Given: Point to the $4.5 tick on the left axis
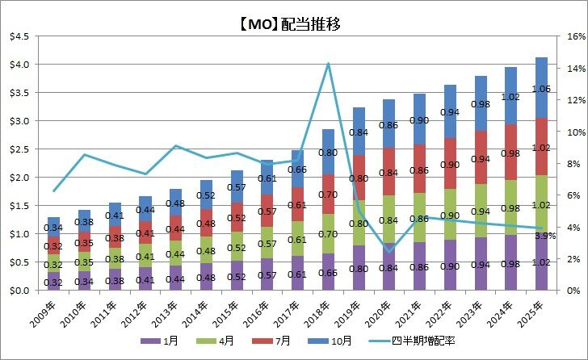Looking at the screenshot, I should click(18, 36).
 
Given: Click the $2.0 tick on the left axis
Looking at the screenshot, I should click(18, 178).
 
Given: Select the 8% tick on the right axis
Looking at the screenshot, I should click(566, 163).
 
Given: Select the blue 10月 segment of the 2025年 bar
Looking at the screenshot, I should click(541, 88).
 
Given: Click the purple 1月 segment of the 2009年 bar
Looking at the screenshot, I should click(54, 282).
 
